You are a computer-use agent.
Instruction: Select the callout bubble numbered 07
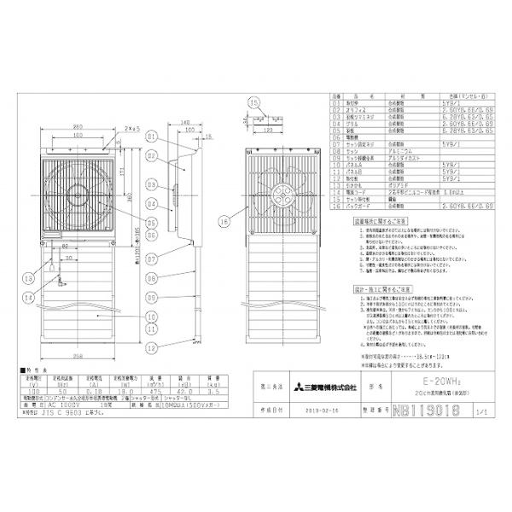152,257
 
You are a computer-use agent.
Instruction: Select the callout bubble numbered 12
152,347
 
